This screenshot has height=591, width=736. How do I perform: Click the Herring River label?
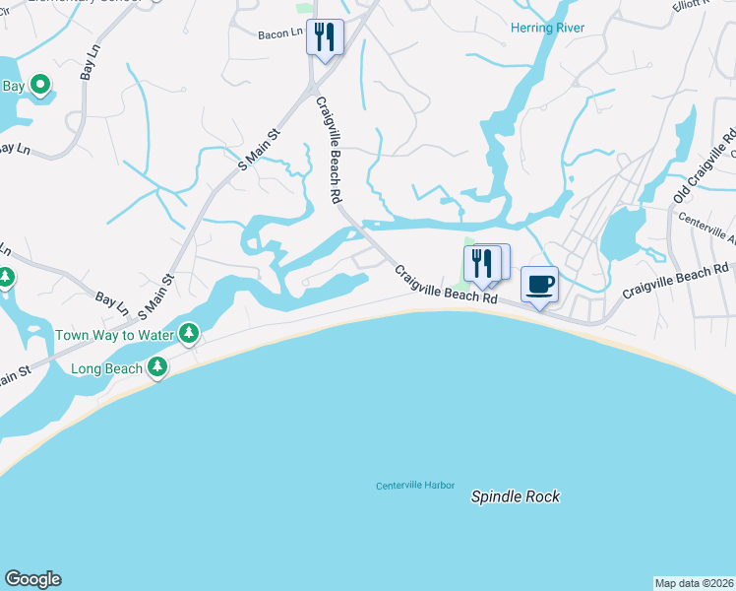click(x=547, y=28)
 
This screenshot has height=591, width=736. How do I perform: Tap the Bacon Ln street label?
click(x=280, y=34)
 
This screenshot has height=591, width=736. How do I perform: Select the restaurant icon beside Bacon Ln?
click(x=325, y=37)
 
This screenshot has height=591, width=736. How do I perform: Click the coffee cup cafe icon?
click(x=539, y=285)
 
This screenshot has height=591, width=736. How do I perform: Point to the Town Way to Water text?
click(x=114, y=335)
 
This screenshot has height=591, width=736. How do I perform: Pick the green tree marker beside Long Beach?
click(x=156, y=367)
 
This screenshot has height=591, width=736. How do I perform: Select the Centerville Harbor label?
click(x=416, y=486)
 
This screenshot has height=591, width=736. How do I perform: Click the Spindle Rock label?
click(x=515, y=496)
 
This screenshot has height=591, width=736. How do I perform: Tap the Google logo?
click(x=32, y=579)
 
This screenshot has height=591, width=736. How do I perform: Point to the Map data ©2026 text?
click(x=694, y=583)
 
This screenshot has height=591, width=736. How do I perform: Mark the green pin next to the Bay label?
click(x=40, y=87)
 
